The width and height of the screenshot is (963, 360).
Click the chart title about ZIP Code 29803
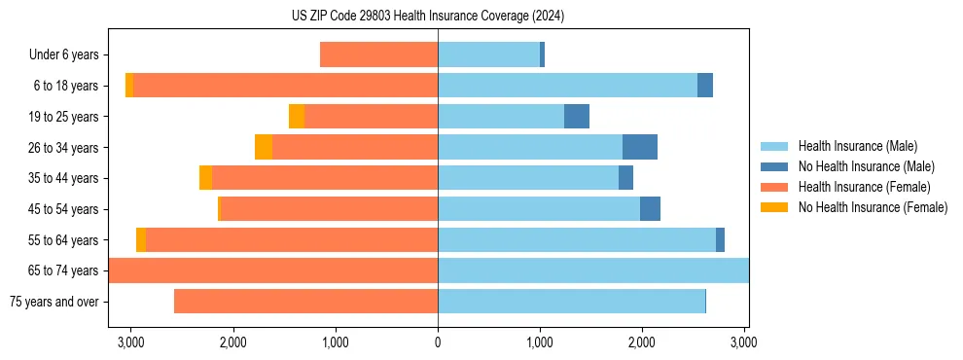coord(427,17)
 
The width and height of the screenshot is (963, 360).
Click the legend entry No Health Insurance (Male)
coord(866,166)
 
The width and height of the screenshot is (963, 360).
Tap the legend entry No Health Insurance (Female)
coord(873,207)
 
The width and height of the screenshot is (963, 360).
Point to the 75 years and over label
coord(53,302)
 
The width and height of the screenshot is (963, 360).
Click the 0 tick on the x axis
coord(438,342)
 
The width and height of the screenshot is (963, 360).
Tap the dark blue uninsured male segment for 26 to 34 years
coord(640,147)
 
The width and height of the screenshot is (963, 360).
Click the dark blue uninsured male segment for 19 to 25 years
coord(577,117)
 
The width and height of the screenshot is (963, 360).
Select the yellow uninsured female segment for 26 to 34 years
coord(264,147)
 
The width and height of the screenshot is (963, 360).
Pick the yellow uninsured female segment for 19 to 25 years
coord(297,117)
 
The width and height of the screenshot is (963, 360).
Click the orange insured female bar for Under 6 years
coord(378,55)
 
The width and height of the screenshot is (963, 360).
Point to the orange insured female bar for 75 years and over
coord(305,302)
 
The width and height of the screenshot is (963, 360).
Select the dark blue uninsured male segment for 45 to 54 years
coord(650,209)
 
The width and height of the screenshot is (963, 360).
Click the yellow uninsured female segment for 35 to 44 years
coord(205,178)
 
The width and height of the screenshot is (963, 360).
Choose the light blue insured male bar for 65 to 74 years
coord(593,270)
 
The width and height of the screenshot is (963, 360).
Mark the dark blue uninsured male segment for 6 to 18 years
coord(705,86)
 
